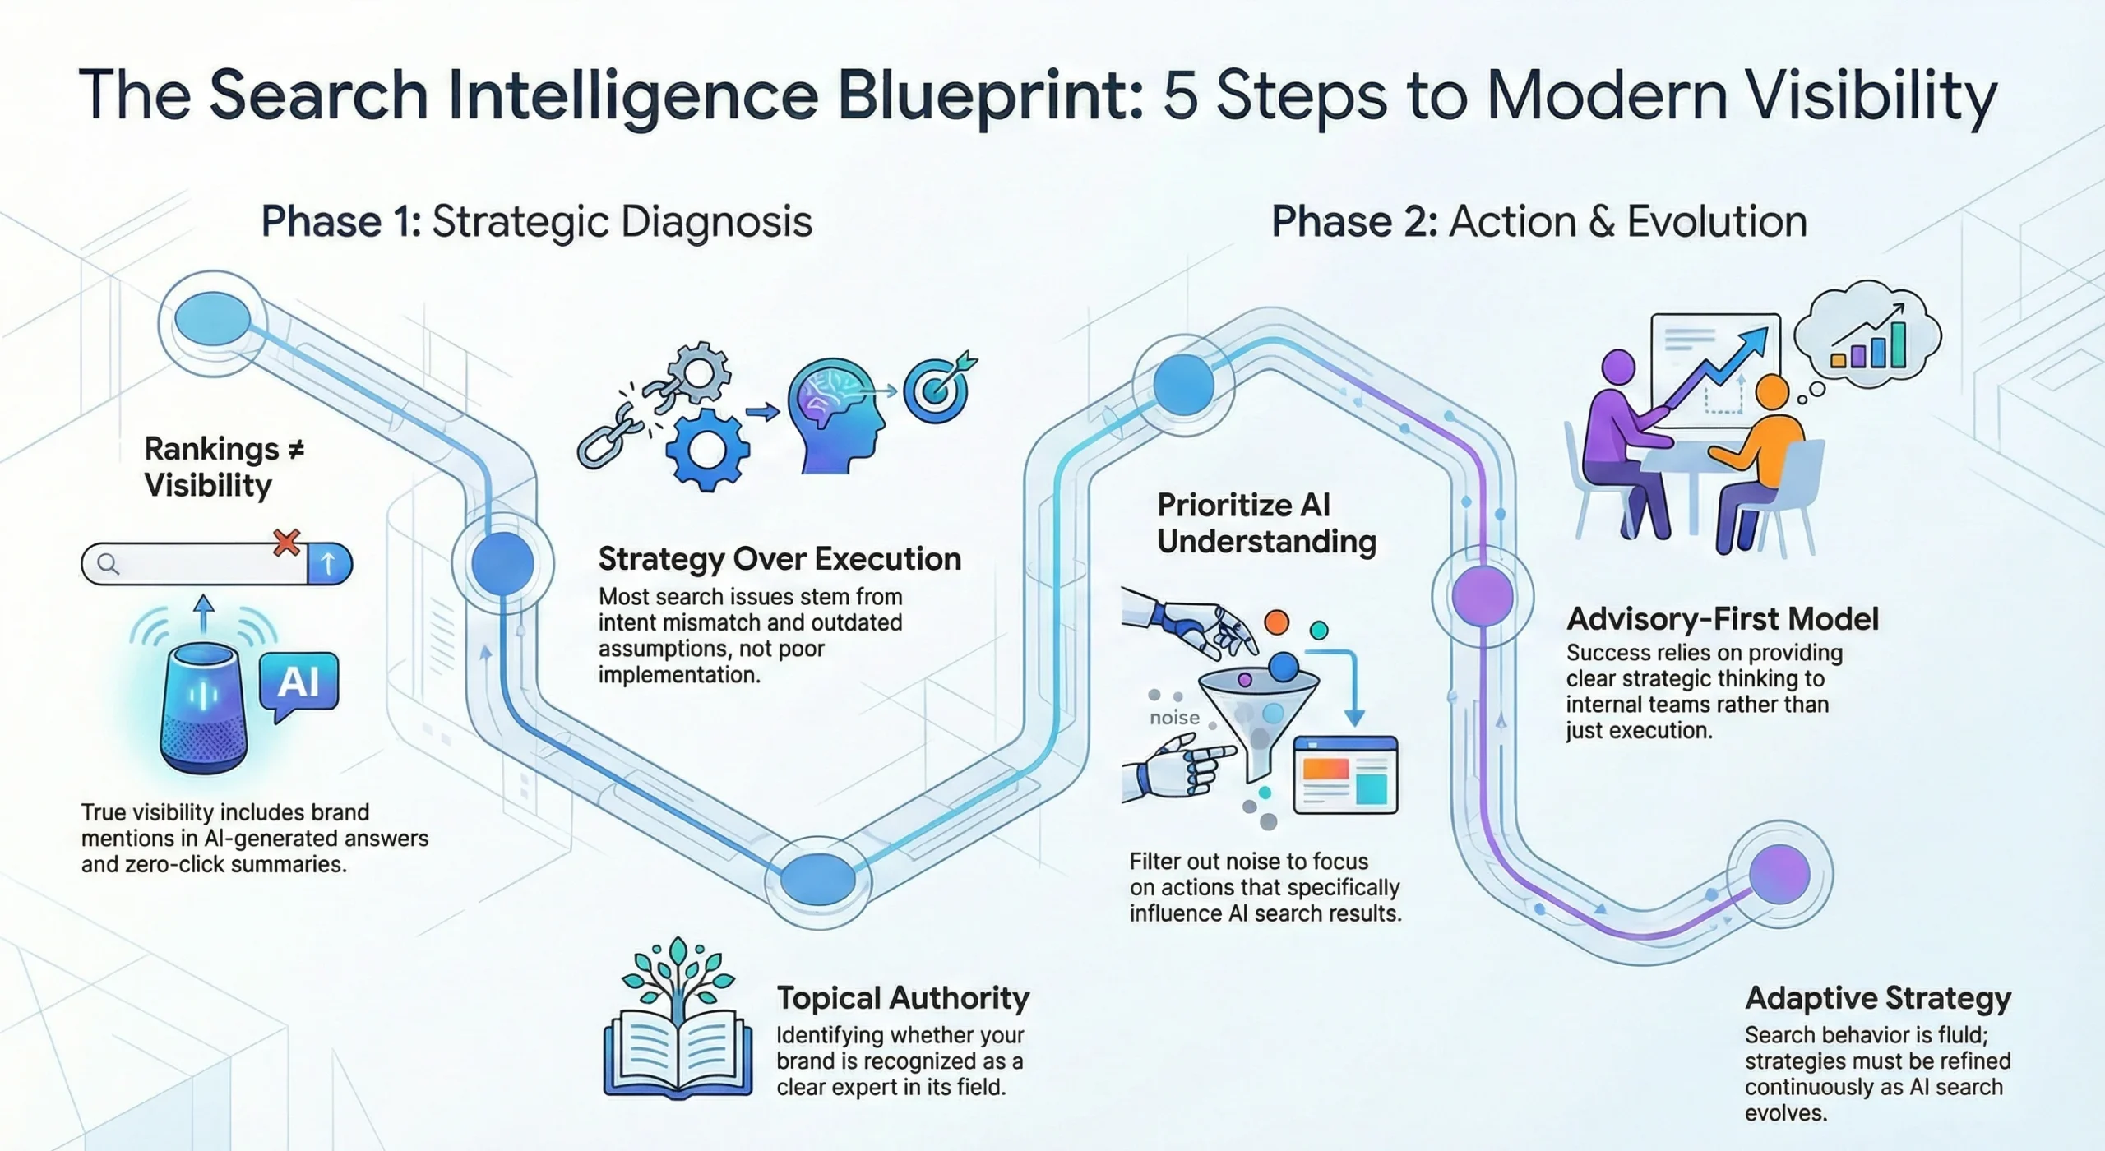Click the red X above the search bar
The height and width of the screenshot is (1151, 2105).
tap(286, 543)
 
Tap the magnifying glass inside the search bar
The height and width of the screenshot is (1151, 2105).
tap(109, 564)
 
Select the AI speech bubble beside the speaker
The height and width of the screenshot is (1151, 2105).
tap(298, 682)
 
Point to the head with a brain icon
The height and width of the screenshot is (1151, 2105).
tap(835, 415)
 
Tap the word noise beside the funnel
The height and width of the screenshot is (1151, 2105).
tap(1174, 718)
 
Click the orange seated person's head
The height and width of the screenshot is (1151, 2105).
tap(1771, 393)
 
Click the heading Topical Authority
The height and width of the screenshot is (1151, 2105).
tap(903, 998)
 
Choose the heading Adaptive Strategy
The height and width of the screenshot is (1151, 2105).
tap(1878, 998)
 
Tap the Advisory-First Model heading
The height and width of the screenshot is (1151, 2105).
tap(1723, 619)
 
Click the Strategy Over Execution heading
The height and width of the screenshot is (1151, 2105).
tap(780, 559)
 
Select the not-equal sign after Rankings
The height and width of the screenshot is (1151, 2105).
tap(296, 449)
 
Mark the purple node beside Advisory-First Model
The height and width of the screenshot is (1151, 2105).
tap(1482, 595)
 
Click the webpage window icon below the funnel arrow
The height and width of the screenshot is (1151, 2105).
tap(1345, 775)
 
